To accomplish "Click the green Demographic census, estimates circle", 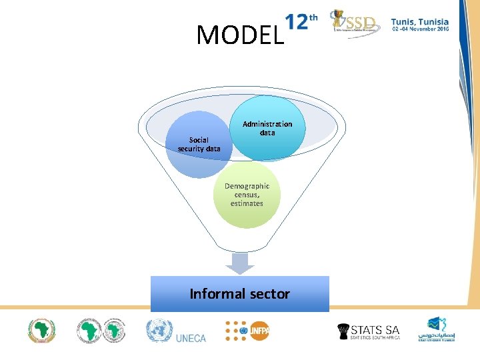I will [x=247, y=195].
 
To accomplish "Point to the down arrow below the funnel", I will [x=239, y=263].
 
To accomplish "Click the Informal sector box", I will [x=240, y=294].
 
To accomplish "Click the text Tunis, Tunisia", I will [x=419, y=21].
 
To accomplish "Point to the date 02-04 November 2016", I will [x=419, y=30].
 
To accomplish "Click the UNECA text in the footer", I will [x=191, y=337].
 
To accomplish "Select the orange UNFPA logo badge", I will [x=259, y=330].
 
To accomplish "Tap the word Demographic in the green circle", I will [x=247, y=186].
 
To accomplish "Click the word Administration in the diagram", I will [x=267, y=124].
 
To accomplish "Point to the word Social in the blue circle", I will [x=199, y=140].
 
